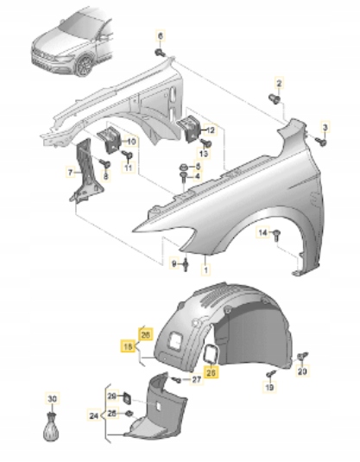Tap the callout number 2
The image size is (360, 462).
(x=279, y=82)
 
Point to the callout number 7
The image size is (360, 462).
(x=71, y=173)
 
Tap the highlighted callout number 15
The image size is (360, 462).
(x=126, y=348)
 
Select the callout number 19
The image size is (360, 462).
(x=269, y=389)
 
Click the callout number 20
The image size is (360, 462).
(x=302, y=371)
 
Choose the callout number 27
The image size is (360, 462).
(x=197, y=378)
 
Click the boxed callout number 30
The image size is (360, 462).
(x=51, y=398)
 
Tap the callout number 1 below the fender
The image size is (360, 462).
(x=205, y=258)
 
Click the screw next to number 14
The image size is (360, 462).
(x=277, y=234)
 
